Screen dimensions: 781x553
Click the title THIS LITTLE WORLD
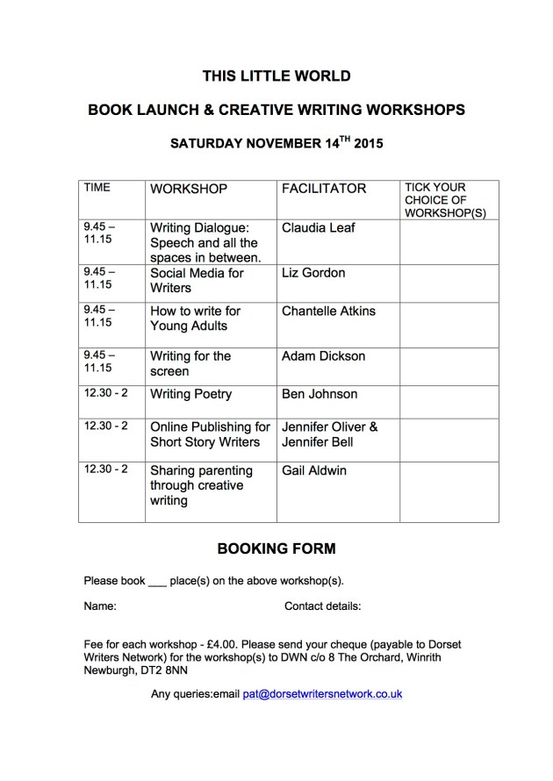pyautogui.click(x=276, y=76)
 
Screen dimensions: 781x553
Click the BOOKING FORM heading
pyautogui.click(x=276, y=549)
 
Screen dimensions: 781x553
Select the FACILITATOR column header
pyautogui.click(x=324, y=189)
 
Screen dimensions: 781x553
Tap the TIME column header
pyautogui.click(x=97, y=188)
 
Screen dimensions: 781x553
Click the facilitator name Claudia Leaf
pyautogui.click(x=319, y=228)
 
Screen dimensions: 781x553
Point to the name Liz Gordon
pyautogui.click(x=313, y=273)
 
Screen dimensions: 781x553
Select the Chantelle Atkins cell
pyautogui.click(x=329, y=311)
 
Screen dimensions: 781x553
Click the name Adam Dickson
pyautogui.click(x=323, y=356)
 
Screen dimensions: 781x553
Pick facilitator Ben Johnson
pyautogui.click(x=319, y=394)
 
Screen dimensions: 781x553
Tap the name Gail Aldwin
pyautogui.click(x=314, y=470)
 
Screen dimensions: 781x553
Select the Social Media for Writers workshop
pyautogui.click(x=197, y=280)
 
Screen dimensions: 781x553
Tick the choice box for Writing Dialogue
pyautogui.click(x=449, y=241)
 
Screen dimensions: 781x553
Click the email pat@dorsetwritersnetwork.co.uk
pyautogui.click(x=322, y=693)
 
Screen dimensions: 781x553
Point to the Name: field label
pyautogui.click(x=100, y=606)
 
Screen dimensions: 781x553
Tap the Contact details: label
pyautogui.click(x=323, y=606)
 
